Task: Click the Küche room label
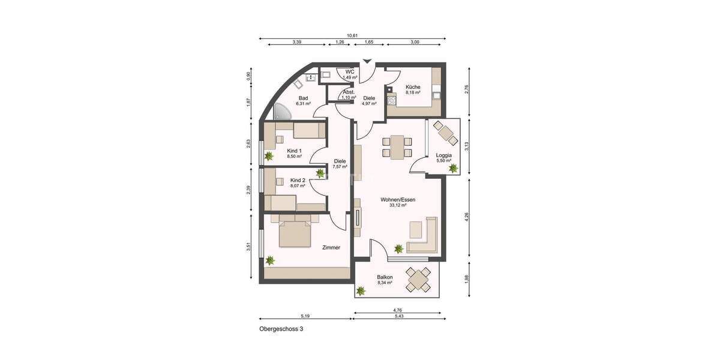coord(412,86)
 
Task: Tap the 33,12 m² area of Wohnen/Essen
coord(397,205)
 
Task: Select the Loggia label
coord(443,155)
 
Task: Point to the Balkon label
coord(385,277)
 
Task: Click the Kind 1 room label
coord(294,151)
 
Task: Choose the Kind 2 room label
coord(298,180)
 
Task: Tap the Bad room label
coord(303,98)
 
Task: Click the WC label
coord(349,72)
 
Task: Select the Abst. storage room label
coord(349,92)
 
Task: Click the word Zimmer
coord(331,247)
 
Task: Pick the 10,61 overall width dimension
coord(352,35)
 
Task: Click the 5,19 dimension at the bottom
coord(305,316)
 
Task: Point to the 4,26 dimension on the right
coord(467,218)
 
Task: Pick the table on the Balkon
coord(418,278)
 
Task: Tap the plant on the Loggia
coord(453,169)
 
